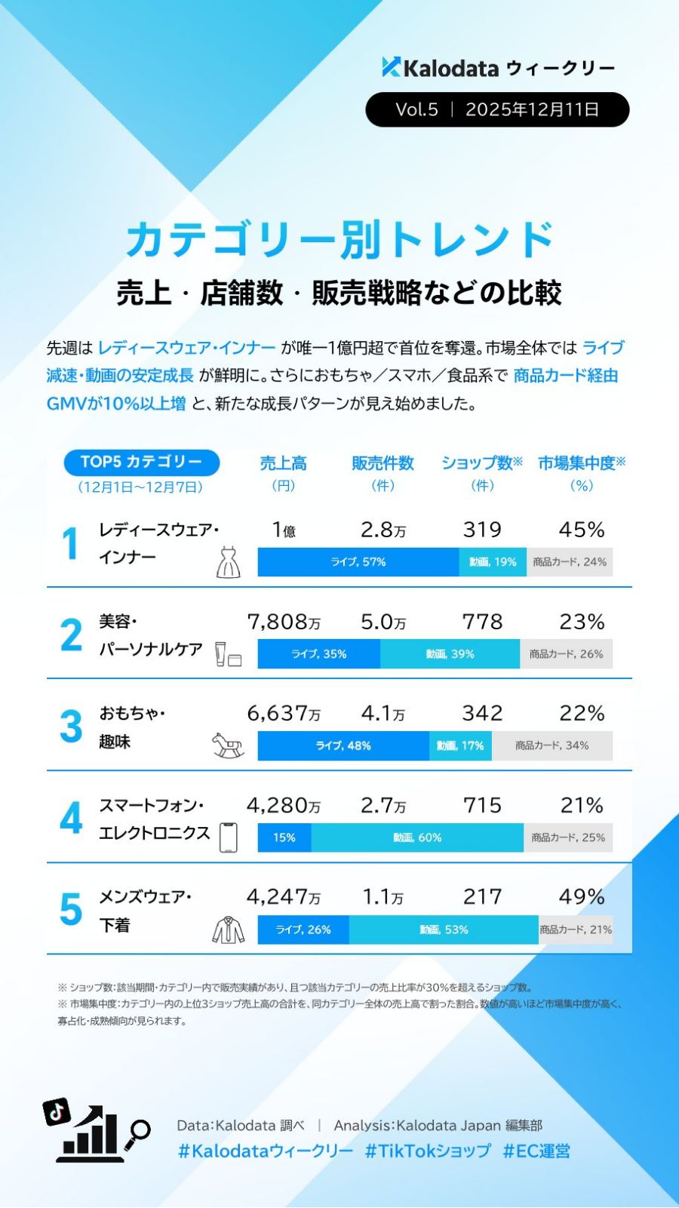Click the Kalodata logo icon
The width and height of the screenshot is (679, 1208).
tap(391, 68)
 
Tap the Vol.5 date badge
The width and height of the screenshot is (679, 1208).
tap(497, 109)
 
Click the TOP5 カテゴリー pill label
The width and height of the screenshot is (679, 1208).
tap(141, 462)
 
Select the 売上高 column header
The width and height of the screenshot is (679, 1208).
tap(283, 463)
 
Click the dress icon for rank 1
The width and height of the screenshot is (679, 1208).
tap(228, 562)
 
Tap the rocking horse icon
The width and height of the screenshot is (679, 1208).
tap(228, 745)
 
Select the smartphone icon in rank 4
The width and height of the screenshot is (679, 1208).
tap(228, 838)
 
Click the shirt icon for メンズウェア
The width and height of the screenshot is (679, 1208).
tap(228, 930)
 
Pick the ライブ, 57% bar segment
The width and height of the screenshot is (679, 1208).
tap(358, 562)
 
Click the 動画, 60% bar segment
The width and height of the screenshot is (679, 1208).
tap(417, 838)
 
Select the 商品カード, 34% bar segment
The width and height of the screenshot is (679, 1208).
tap(551, 745)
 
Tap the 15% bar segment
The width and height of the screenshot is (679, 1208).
tap(284, 838)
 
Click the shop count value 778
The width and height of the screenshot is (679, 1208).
tap(482, 622)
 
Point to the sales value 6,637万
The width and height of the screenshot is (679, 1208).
tap(284, 713)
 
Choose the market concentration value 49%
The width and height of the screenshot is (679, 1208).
tap(581, 896)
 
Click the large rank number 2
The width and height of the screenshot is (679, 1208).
tap(71, 635)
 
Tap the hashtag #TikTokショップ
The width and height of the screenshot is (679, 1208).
tap(428, 1151)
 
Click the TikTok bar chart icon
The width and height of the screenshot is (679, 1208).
tap(94, 1132)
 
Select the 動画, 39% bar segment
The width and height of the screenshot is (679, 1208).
tap(450, 654)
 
